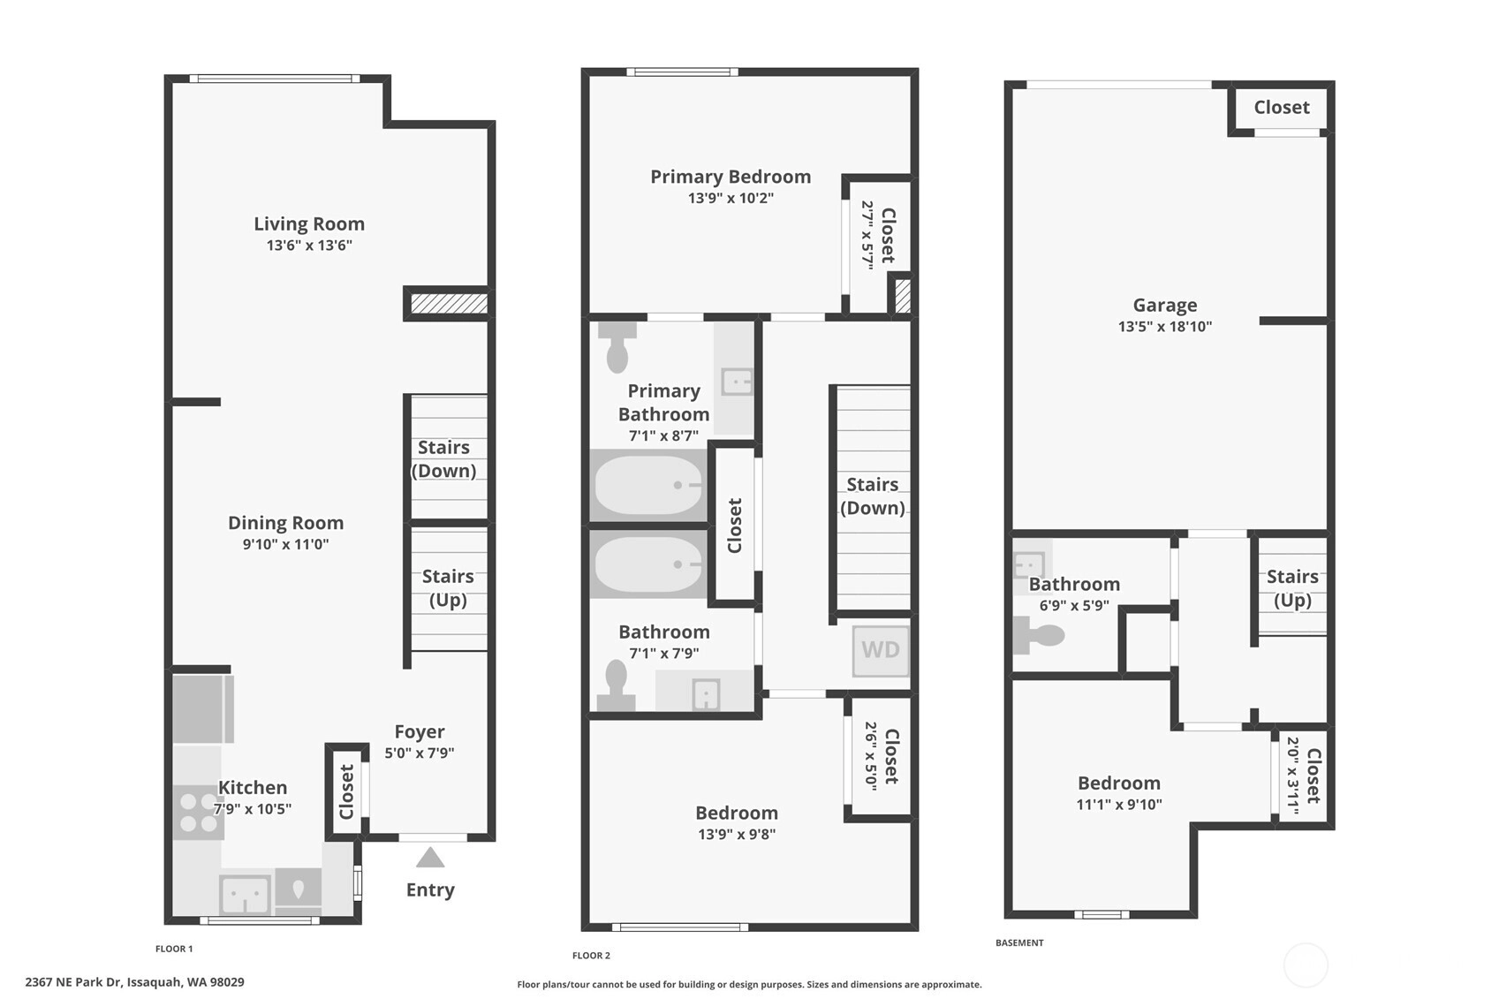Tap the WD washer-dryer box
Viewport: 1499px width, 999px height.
(881, 650)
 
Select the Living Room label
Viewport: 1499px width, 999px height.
(309, 223)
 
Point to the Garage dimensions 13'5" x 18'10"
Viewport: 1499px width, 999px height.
(1165, 327)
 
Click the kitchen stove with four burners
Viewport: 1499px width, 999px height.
(198, 813)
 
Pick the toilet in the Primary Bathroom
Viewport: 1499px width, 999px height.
(617, 346)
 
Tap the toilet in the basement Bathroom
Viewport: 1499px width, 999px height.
(1038, 634)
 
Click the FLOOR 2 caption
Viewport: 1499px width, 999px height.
(592, 956)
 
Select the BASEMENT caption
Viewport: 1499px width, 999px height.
(1020, 942)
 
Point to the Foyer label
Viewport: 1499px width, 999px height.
(420, 731)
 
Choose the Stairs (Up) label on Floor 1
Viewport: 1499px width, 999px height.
(448, 587)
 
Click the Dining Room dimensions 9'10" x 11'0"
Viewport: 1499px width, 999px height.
(285, 544)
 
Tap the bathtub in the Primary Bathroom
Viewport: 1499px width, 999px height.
(648, 485)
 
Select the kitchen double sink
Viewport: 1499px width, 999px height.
(246, 895)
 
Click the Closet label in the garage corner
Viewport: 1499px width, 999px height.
(1282, 107)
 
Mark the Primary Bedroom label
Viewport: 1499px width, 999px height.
(731, 177)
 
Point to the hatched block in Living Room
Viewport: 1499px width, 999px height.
(449, 304)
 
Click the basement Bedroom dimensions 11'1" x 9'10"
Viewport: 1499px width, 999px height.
(1119, 805)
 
